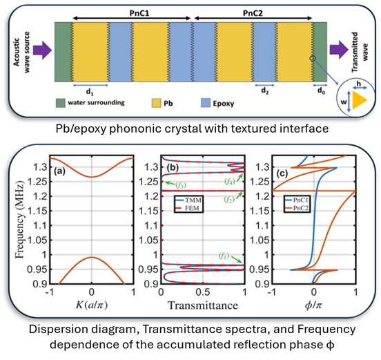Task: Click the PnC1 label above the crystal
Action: coord(139,13)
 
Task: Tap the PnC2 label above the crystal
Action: coord(253,13)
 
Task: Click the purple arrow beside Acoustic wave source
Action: coord(42,50)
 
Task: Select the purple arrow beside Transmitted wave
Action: coord(339,50)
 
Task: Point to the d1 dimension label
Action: coord(90,92)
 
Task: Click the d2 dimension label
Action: coord(265,91)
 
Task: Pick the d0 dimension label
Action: coord(321,91)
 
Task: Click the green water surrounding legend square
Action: coord(61,103)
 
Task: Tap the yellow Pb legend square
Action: coord(156,103)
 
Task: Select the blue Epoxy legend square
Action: coord(206,103)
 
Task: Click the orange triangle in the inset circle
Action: coord(359,100)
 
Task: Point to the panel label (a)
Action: coord(59,171)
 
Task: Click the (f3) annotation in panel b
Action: coord(181,185)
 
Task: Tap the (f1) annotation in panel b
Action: coord(224,256)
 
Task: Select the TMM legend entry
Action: coord(188,200)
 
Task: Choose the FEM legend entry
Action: coord(188,208)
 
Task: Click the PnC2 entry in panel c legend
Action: coord(297,208)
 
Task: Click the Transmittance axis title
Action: coord(203,305)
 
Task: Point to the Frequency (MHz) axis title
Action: coord(20,220)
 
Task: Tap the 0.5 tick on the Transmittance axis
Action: coord(203,292)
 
